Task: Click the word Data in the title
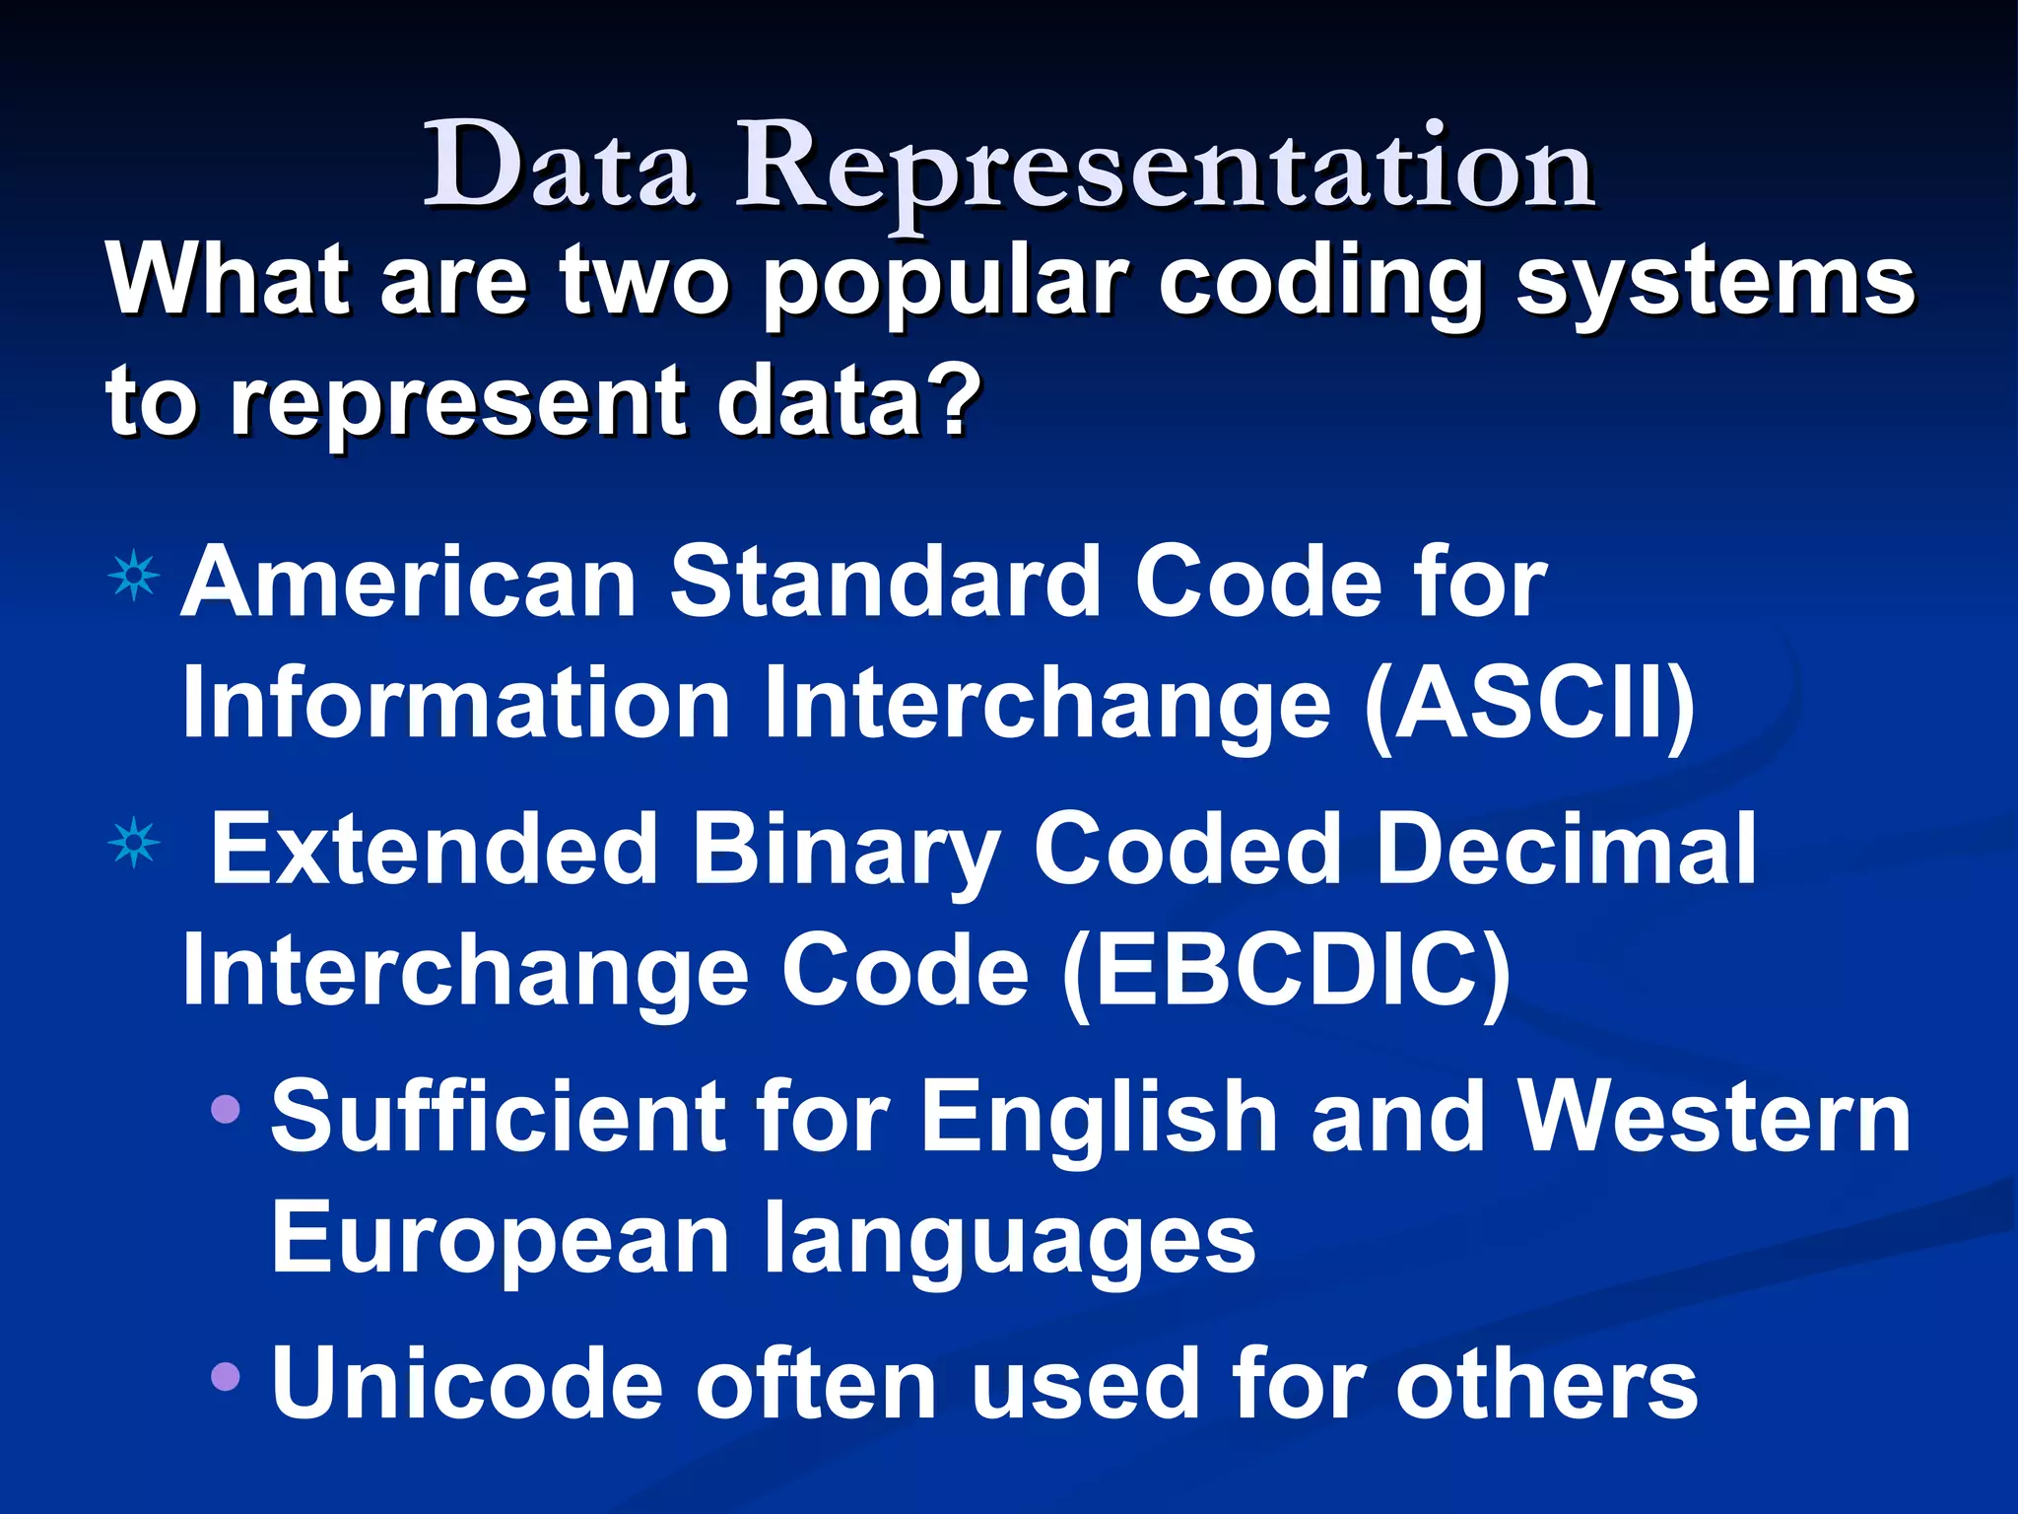(x=558, y=166)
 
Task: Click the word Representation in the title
(x=1165, y=168)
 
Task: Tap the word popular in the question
(x=944, y=284)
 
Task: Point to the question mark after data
(x=954, y=399)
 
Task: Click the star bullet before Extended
(x=134, y=844)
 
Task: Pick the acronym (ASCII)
(x=1529, y=705)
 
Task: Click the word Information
(x=455, y=705)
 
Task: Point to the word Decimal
(x=1565, y=849)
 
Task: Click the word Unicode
(x=467, y=1385)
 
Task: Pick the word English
(x=1099, y=1119)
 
